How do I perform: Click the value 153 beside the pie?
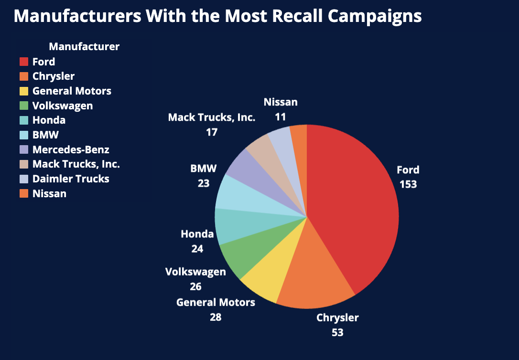pyautogui.click(x=408, y=184)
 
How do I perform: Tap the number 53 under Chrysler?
pyautogui.click(x=337, y=332)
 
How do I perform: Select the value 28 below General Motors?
pyautogui.click(x=216, y=317)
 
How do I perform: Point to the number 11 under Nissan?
pyautogui.click(x=281, y=116)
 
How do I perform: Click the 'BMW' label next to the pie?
pyautogui.click(x=204, y=169)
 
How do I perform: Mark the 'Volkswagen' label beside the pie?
pyautogui.click(x=195, y=272)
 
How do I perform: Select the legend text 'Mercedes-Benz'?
pyautogui.click(x=71, y=150)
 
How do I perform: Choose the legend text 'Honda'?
pyautogui.click(x=49, y=120)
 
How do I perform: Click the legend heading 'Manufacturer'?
pyautogui.click(x=84, y=46)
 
